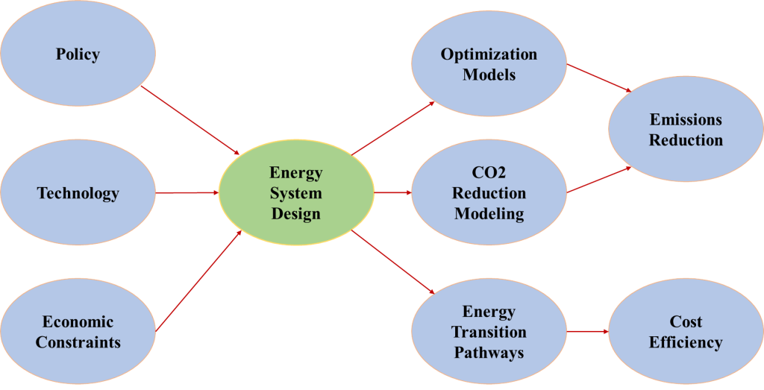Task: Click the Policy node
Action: coord(78,54)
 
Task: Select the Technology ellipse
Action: coord(78,193)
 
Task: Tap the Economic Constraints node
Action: coord(78,333)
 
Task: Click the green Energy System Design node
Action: coord(295,193)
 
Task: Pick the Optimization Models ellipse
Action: coord(489,64)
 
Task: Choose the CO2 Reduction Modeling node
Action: coord(489,193)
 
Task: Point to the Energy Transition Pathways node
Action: coord(489,331)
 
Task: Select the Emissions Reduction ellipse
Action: coord(686,130)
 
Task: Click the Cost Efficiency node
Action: coord(686,333)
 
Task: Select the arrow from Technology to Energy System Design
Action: coord(187,192)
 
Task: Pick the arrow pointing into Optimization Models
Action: coord(393,128)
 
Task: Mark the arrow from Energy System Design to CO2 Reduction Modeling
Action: coord(392,192)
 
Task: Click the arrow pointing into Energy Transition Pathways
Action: coord(393,262)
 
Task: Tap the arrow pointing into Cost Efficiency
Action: coord(589,331)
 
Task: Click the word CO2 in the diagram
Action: coord(489,173)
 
